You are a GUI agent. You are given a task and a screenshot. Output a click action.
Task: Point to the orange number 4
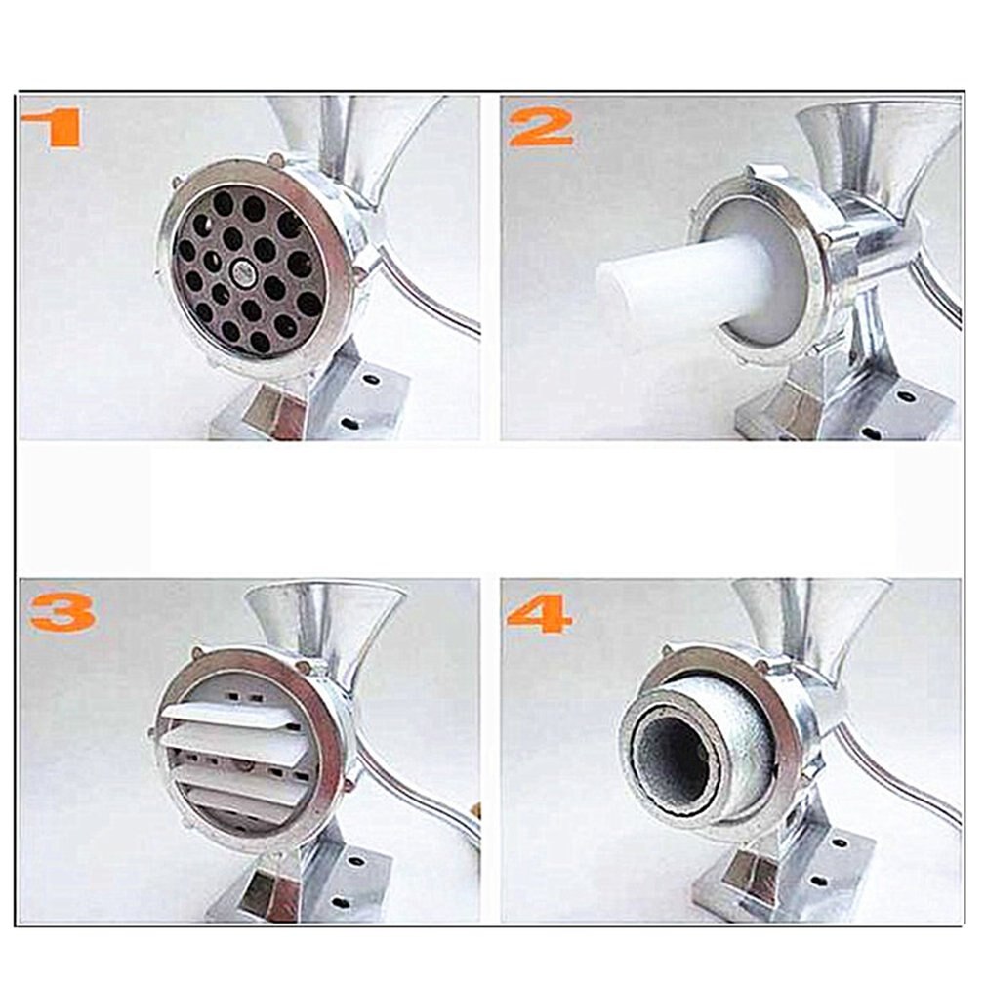(540, 612)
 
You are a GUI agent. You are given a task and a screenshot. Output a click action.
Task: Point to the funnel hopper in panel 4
(810, 615)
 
